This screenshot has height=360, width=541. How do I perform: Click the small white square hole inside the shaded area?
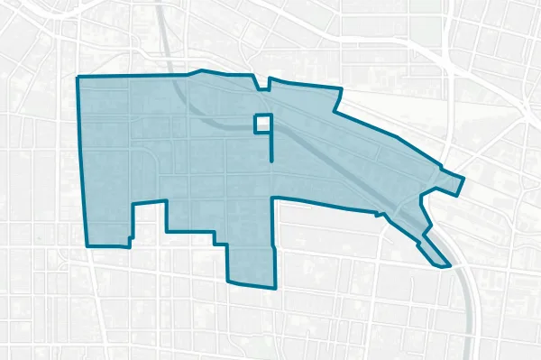(262, 123)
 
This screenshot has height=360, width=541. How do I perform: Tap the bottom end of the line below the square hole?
(271, 160)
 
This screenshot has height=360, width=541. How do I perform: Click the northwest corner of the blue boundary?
(78, 78)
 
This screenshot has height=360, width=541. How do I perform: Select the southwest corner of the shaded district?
(87, 245)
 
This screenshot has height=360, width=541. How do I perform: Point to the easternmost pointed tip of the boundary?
(463, 177)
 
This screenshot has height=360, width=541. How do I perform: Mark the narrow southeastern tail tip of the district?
(448, 266)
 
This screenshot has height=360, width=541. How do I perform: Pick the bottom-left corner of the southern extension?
(227, 281)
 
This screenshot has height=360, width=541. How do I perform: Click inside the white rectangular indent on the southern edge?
(150, 222)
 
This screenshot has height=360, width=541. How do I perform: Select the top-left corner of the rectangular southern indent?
(133, 205)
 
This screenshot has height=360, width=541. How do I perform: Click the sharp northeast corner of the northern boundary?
(341, 88)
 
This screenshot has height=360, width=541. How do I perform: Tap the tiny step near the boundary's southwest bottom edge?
(129, 242)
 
